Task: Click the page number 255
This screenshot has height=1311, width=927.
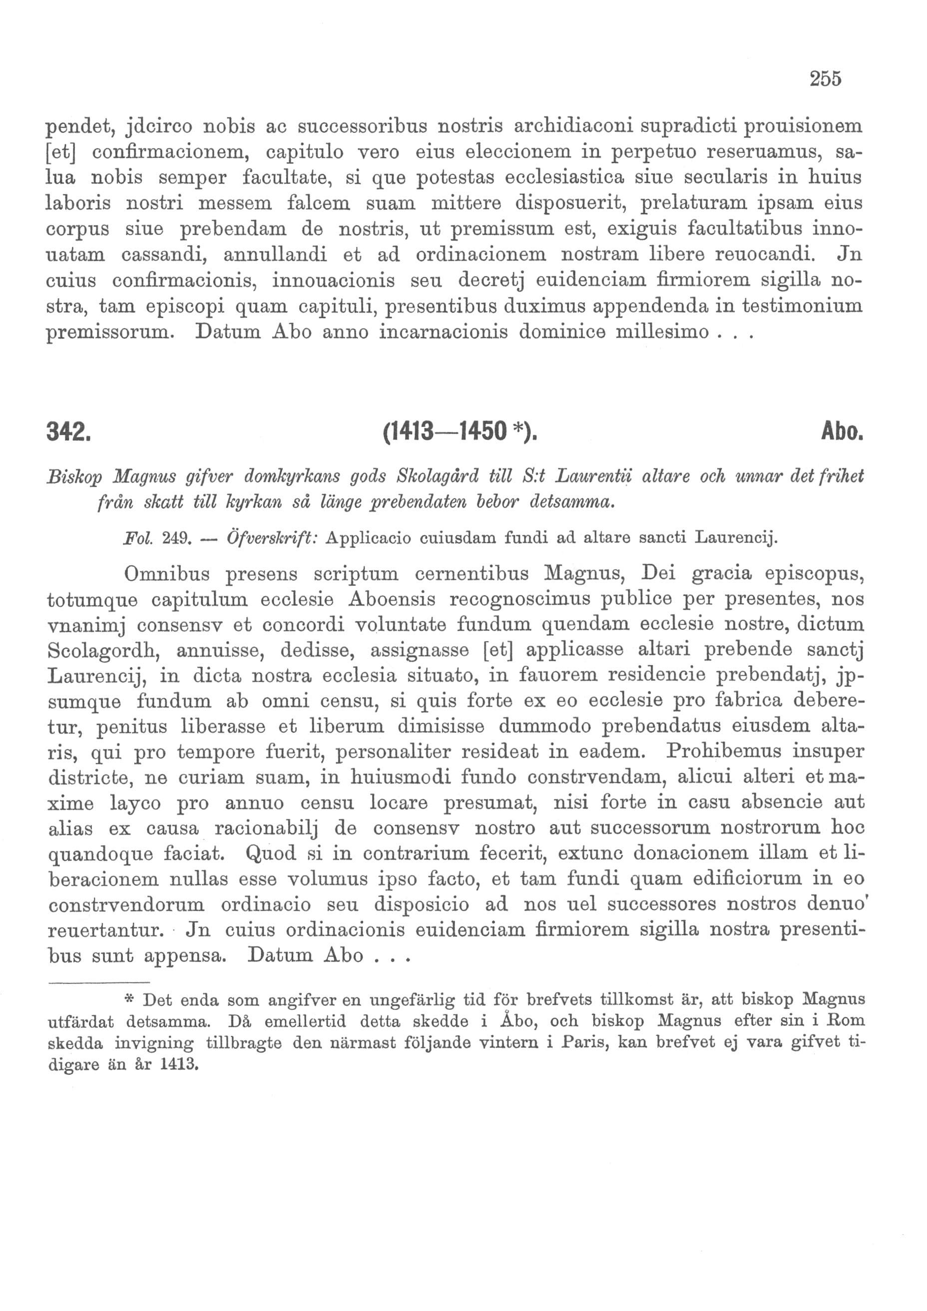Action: [825, 79]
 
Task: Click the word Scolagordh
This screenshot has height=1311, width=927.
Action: [106, 651]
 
